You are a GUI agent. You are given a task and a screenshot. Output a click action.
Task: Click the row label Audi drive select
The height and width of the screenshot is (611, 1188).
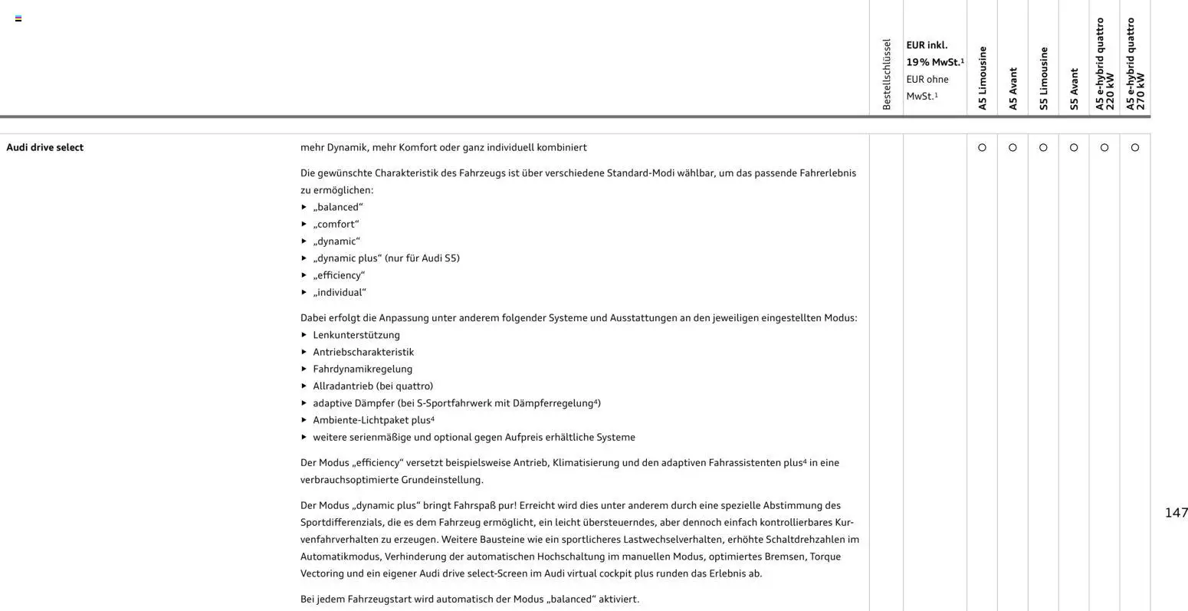coord(45,147)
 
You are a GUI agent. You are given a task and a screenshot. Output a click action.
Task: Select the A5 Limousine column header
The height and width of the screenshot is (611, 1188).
coord(982,78)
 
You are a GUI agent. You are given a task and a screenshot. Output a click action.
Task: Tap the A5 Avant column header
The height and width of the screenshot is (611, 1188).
coord(1012,88)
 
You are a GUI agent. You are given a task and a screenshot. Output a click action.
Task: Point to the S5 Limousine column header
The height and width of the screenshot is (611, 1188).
coord(1043,78)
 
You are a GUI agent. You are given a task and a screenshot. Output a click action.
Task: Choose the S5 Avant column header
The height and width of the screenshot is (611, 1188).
coord(1074,88)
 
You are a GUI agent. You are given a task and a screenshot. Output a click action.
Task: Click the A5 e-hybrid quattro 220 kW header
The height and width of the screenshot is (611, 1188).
coord(1104,64)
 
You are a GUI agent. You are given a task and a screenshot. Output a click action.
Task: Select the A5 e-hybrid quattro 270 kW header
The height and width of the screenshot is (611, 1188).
coord(1135,64)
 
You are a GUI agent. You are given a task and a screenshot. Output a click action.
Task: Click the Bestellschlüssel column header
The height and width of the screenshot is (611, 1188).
coord(887,74)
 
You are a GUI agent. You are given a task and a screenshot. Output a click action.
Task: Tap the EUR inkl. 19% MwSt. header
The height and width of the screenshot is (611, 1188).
coord(934,54)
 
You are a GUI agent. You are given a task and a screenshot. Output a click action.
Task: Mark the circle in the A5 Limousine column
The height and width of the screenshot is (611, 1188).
coord(982,147)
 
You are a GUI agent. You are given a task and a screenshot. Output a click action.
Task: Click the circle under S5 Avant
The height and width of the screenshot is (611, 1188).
coord(1074,147)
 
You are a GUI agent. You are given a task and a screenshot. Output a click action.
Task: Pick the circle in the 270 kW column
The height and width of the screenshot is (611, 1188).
coord(1135,147)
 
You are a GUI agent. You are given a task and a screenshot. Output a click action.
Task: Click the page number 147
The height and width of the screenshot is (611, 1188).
coord(1176,513)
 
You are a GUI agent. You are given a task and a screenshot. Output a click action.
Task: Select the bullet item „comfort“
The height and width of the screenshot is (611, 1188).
coord(336,224)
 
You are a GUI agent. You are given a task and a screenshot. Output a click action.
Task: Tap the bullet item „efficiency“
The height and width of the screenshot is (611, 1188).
coord(339,275)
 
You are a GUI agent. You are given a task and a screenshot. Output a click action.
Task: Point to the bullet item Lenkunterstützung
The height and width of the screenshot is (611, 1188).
coord(356,335)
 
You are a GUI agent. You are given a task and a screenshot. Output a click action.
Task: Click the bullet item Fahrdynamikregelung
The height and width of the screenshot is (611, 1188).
coord(363,369)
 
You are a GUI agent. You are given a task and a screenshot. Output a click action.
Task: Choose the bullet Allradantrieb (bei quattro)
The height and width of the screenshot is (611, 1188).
coord(372,386)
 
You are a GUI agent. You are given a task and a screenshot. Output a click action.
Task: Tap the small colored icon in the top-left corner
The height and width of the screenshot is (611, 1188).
coord(18,18)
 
